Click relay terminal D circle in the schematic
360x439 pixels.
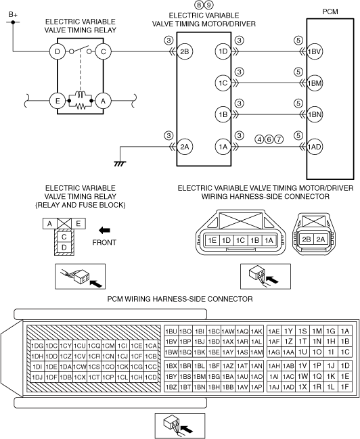[58, 51]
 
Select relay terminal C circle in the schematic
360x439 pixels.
[104, 51]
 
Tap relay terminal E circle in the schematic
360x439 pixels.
[58, 101]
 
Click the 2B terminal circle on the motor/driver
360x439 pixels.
[185, 51]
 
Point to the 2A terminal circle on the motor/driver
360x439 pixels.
[185, 146]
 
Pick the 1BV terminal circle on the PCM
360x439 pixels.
[315, 51]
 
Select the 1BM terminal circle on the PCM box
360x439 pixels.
[315, 83]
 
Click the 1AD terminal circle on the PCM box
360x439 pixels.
[315, 146]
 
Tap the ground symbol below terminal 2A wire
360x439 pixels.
[120, 164]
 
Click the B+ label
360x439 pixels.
[13, 15]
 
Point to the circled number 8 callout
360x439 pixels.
[199, 5]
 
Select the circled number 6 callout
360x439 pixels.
[269, 139]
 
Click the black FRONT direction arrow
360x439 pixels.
[104, 231]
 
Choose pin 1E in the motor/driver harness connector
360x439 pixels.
[212, 240]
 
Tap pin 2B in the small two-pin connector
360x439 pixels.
[307, 239]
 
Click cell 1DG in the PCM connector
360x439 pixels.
[37, 346]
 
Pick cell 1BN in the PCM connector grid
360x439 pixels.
[200, 387]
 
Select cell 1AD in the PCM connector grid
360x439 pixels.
[288, 387]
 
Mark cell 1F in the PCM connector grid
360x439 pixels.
[345, 387]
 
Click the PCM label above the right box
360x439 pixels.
[330, 11]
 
